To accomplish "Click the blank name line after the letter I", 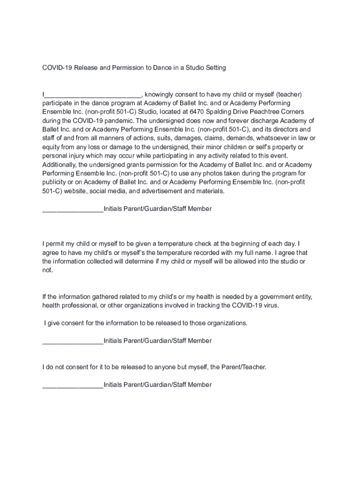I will tap(93, 94).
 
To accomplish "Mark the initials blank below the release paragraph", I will tap(73, 209).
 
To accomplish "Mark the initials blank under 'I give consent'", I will tap(73, 341).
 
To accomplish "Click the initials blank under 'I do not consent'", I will tap(73, 385).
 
